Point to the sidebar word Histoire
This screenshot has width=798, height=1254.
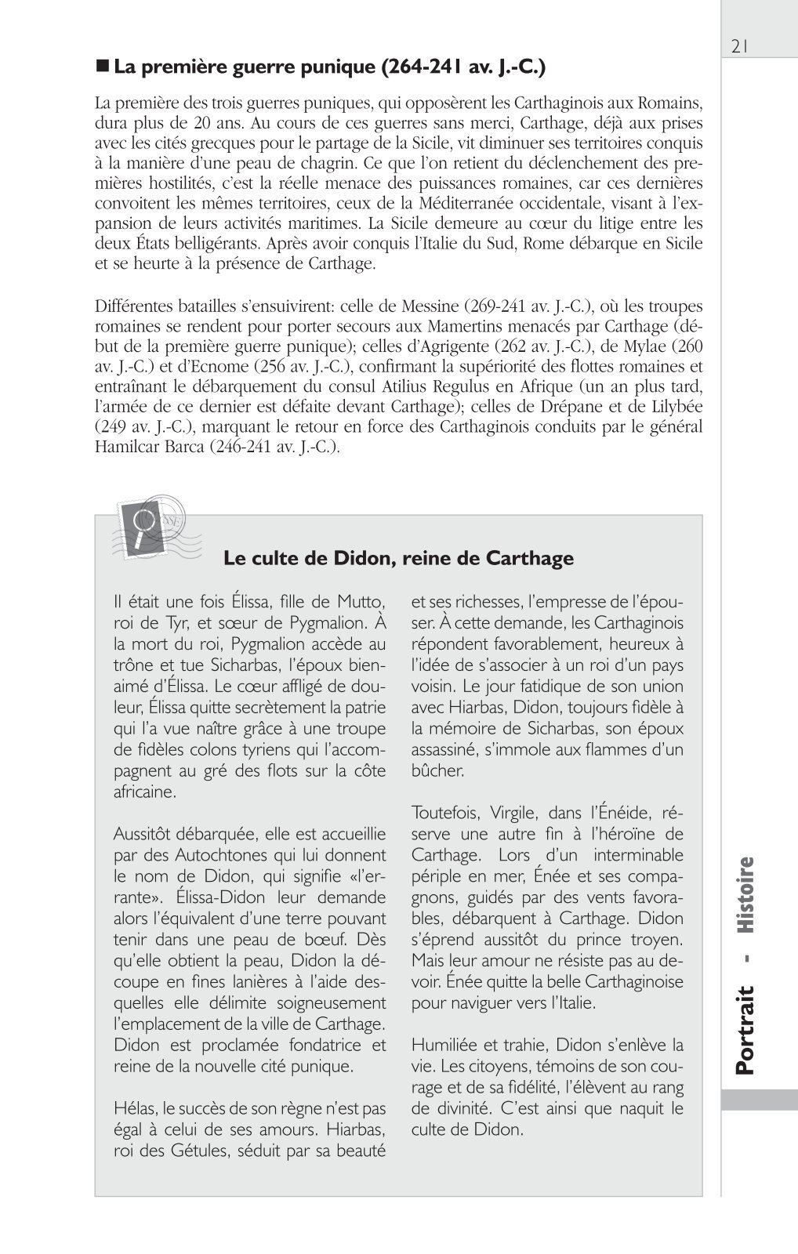745,896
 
